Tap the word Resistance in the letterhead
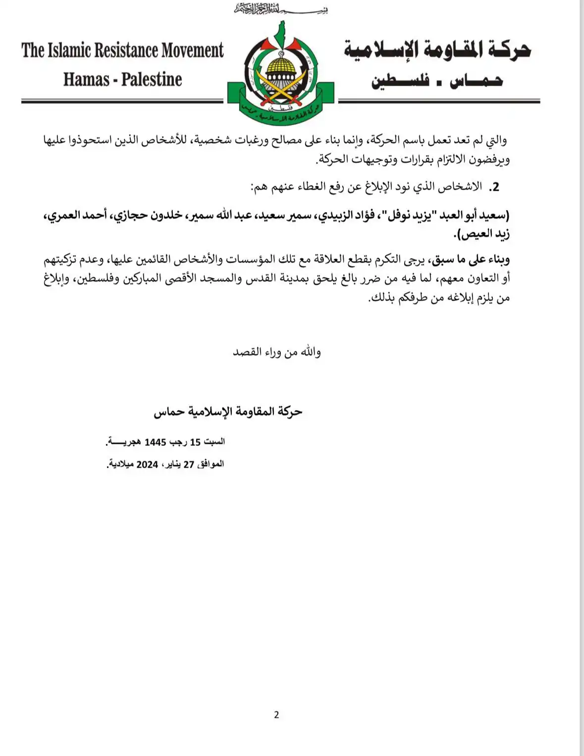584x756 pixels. coord(127,51)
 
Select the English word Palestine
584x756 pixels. coord(152,79)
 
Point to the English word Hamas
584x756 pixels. coord(86,79)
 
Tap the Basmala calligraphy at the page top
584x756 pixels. coord(281,8)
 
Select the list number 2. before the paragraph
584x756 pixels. coord(494,187)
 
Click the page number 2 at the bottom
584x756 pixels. coord(276,714)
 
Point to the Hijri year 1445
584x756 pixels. coord(155,442)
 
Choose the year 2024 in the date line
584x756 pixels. coord(147,465)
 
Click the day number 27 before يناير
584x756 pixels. coord(189,465)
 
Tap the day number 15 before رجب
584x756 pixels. coord(195,442)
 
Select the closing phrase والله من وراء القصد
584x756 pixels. coord(277,352)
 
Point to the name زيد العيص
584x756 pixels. coord(487,234)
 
